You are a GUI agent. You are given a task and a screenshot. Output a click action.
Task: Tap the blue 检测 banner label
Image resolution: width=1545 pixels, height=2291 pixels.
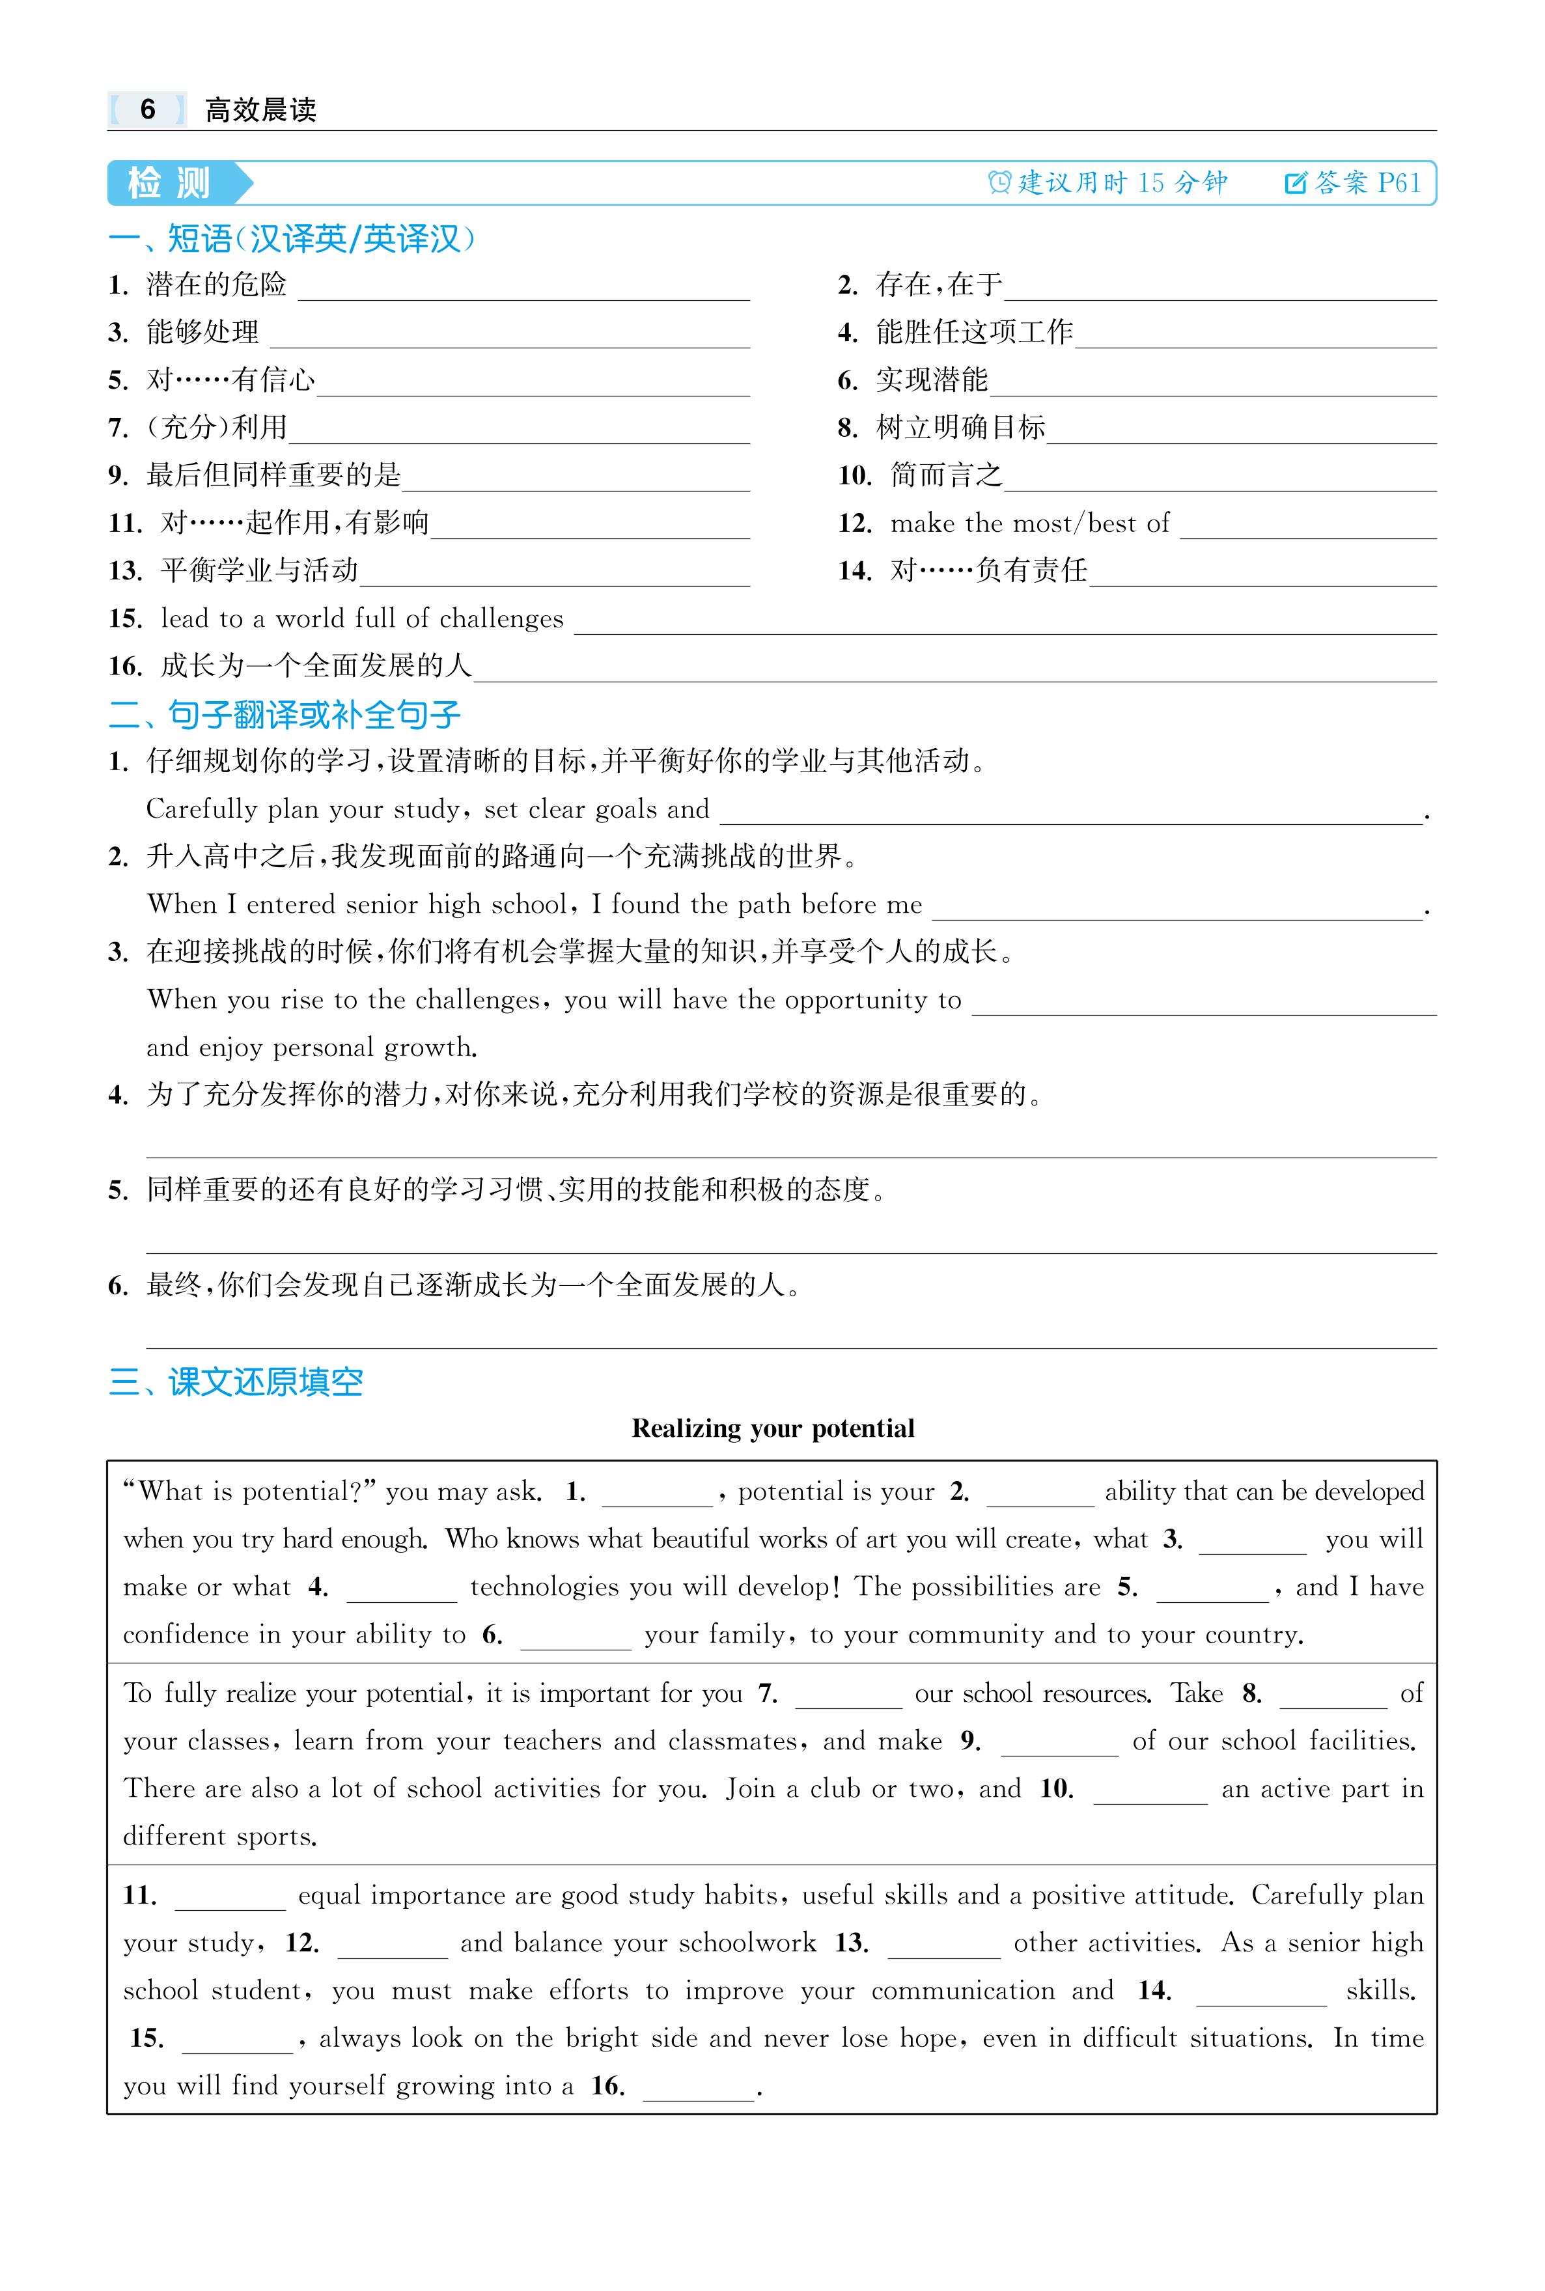pos(169,184)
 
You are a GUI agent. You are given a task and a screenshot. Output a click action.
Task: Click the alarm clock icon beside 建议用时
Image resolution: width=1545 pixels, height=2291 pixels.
pos(1000,182)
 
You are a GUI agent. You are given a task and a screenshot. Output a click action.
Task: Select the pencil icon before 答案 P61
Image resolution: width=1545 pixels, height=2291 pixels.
pos(1296,182)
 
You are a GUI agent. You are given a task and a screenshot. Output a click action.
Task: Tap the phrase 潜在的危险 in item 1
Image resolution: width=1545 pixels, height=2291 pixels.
pos(217,285)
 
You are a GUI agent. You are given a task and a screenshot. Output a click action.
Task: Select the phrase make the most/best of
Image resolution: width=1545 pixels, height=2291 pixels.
pos(1029,523)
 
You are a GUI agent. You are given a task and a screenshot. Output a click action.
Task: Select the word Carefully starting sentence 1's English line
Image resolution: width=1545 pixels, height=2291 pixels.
pos(202,810)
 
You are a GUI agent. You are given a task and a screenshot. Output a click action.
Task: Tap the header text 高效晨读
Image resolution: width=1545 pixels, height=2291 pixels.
pos(261,109)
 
